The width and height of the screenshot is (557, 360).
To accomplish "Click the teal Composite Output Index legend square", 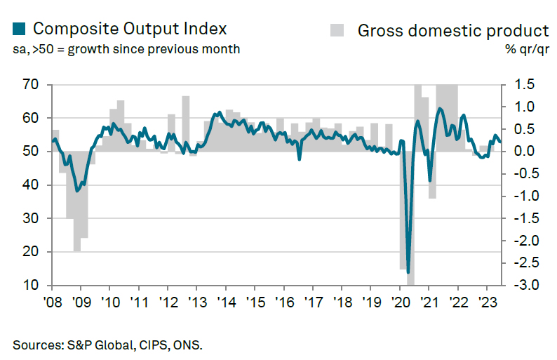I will click(19, 29).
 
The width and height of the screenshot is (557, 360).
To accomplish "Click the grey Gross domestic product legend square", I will click(338, 29).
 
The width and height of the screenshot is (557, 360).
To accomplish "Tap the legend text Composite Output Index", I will click(130, 29).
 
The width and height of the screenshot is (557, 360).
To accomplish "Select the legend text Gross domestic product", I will click(452, 30).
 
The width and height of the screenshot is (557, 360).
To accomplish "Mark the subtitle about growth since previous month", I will click(126, 49).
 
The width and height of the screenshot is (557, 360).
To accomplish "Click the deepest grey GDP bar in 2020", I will click(410, 218).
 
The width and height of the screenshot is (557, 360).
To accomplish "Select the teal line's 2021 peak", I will click(440, 109).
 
